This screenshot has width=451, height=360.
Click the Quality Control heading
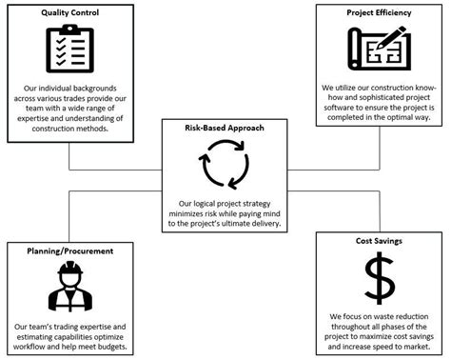click(69, 13)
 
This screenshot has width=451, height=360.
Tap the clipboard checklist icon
click(69, 49)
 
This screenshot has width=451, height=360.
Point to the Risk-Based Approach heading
click(225, 127)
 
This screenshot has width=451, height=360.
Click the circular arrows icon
click(225, 162)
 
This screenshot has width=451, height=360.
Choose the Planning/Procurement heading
click(69, 250)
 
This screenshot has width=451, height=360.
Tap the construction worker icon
click(69, 287)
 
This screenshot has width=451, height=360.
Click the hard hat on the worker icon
click(69, 270)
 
